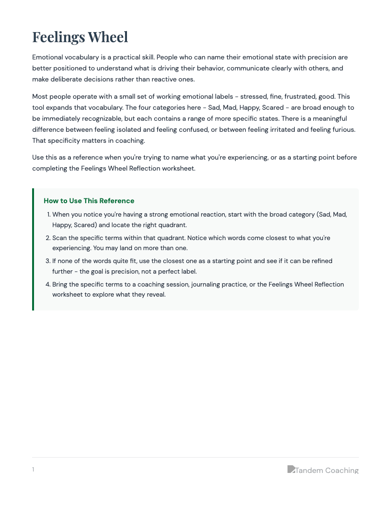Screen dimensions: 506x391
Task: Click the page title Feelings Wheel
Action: pyautogui.click(x=80, y=37)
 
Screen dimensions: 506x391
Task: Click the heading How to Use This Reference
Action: pyautogui.click(x=89, y=201)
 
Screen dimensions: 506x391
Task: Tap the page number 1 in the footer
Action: pyautogui.click(x=33, y=470)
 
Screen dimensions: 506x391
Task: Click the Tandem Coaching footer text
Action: pyautogui.click(x=327, y=471)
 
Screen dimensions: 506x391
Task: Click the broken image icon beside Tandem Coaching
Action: pyautogui.click(x=291, y=469)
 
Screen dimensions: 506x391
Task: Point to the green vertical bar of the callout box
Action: pyautogui.click(x=33, y=249)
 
